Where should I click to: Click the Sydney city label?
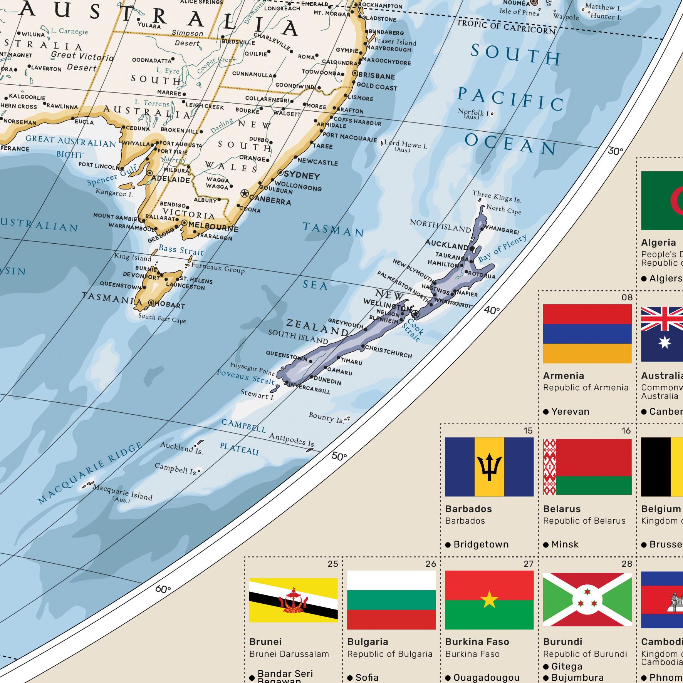tap(302, 176)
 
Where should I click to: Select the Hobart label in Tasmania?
tap(169, 305)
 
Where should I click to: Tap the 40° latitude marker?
tap(492, 310)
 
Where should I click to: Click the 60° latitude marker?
tap(163, 589)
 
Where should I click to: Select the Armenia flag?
tap(587, 333)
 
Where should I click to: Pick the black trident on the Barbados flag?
tap(489, 467)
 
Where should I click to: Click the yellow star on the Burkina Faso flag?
tap(489, 600)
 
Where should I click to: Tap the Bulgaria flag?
tap(391, 600)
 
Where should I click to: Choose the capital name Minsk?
tap(565, 544)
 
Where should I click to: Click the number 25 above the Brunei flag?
tap(333, 564)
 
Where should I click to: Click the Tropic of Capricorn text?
tap(506, 27)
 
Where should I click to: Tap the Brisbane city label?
tap(377, 76)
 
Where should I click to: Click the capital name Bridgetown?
tap(481, 544)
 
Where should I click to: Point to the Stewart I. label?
tap(257, 395)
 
